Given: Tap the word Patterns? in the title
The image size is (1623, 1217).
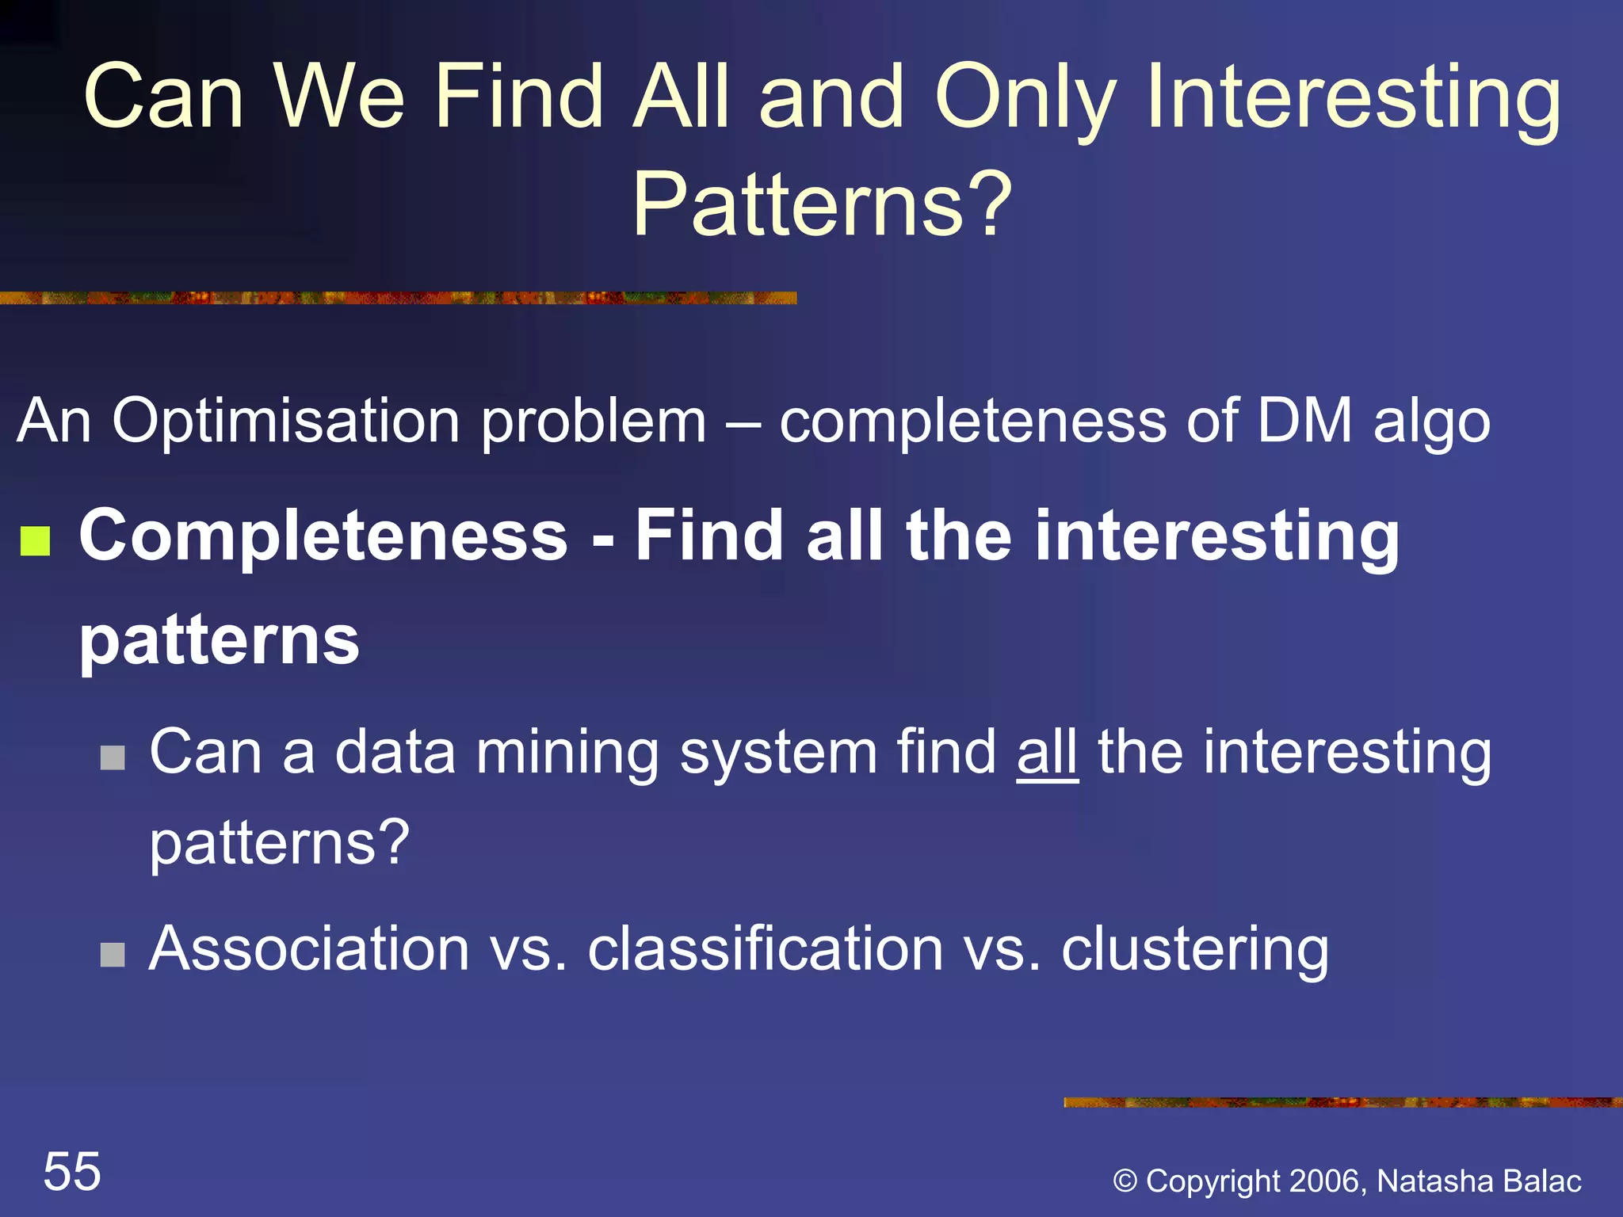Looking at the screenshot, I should coord(823,204).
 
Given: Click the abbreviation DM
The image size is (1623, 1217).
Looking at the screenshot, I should coord(1304,420).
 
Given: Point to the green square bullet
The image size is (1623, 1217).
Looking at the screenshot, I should coord(36,542).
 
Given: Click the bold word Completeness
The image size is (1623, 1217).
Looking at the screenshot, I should coord(323,536).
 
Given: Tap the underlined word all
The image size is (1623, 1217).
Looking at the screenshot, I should coord(1047,752).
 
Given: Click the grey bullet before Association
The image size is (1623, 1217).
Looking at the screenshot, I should coord(113,955).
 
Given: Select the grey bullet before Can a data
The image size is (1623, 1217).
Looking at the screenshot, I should coord(113,757).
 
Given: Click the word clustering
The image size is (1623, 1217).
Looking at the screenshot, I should coord(1195,949).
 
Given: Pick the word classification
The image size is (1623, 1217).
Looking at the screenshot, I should coord(765,949).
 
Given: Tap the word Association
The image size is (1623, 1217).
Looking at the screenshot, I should coord(309,949).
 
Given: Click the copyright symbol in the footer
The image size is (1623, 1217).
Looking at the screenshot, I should coord(1125,1181).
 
